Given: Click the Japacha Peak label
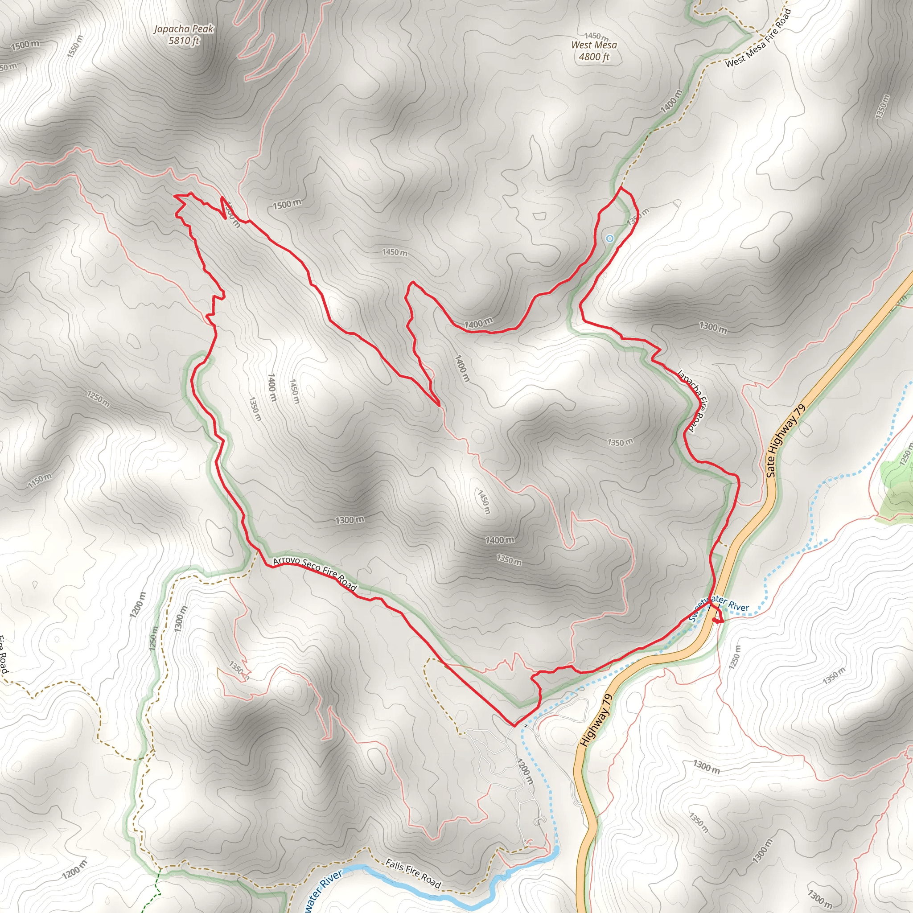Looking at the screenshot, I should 184,29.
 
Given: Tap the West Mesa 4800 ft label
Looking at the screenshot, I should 594,50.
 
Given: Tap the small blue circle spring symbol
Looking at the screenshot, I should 609,239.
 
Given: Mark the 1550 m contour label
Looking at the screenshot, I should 74,46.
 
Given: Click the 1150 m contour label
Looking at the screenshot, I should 40,480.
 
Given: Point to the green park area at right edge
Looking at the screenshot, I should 896,485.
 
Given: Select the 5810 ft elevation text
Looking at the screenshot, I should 184,41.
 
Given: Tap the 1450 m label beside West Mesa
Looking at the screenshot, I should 596,36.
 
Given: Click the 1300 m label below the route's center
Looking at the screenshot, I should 350,520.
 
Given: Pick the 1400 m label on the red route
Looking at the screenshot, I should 478,324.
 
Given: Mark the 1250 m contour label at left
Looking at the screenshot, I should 98,399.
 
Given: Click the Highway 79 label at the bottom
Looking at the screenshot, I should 596,720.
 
